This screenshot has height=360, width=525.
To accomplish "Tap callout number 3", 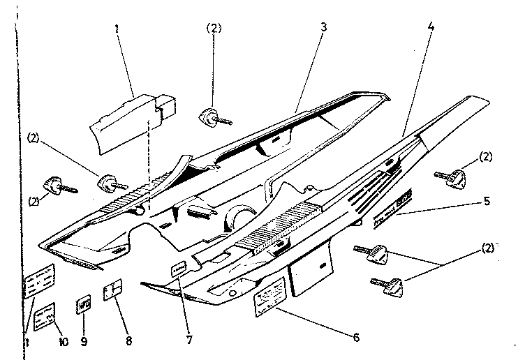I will [x=324, y=27].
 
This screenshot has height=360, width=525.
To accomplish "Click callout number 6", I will [x=356, y=338].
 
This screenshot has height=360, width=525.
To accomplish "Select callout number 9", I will [x=84, y=342].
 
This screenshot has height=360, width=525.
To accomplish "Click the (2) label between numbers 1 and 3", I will [x=214, y=29].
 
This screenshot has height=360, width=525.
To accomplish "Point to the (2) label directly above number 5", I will [x=486, y=156].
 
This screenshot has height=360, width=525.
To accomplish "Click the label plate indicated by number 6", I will [x=272, y=301].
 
